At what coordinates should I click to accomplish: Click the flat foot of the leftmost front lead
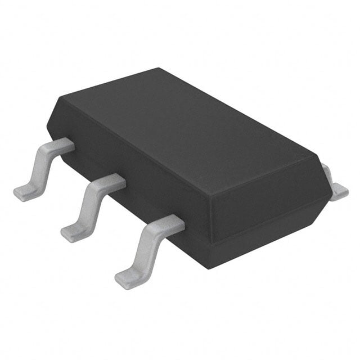(x=25, y=193)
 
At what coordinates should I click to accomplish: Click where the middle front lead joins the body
(x=115, y=182)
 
